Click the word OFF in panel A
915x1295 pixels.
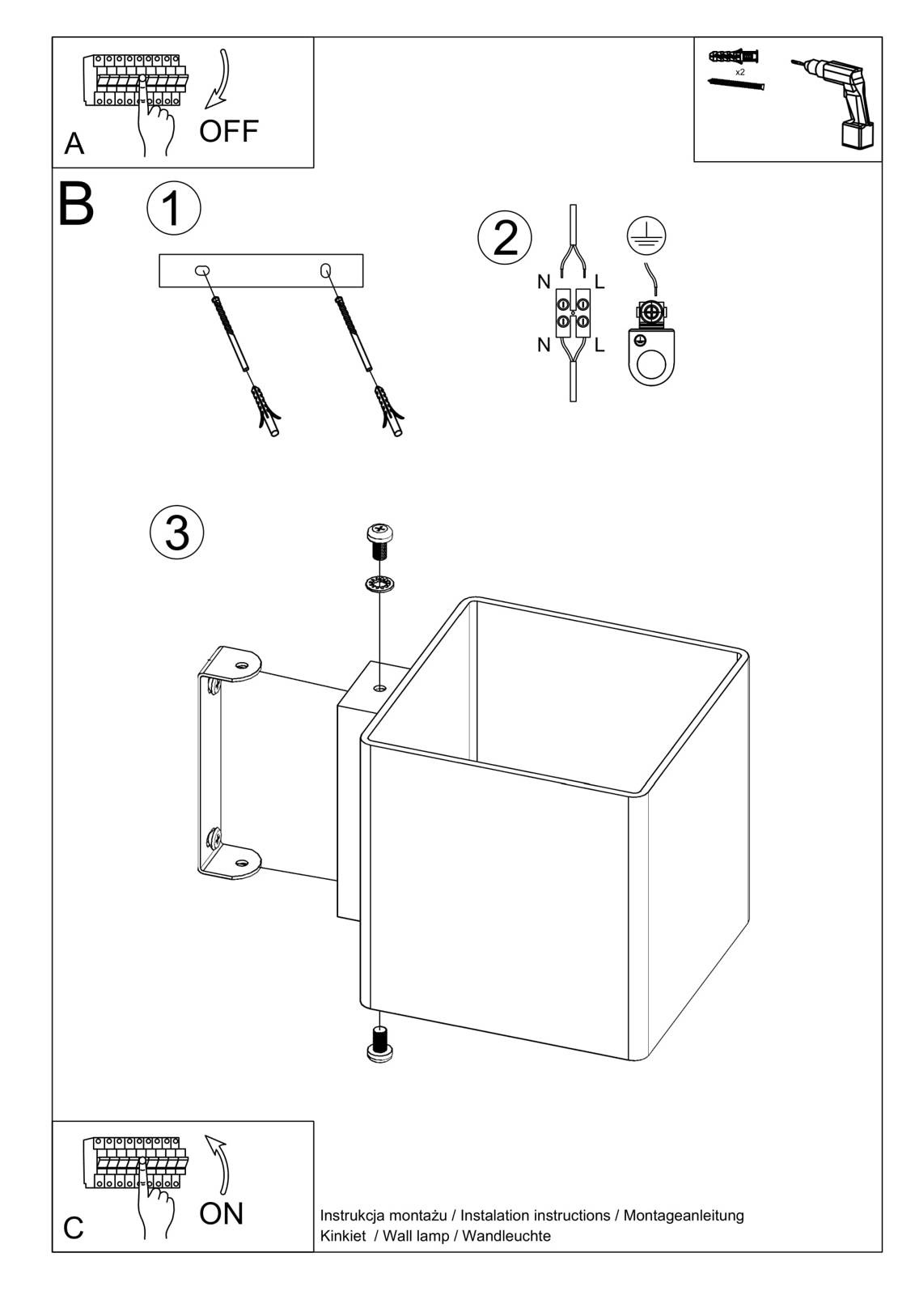[x=229, y=131]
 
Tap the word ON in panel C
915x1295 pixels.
[x=221, y=1213]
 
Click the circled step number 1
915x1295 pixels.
[x=173, y=208]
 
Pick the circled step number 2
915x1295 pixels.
[x=505, y=238]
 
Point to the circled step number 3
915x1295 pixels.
[x=177, y=533]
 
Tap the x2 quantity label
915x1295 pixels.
[x=739, y=72]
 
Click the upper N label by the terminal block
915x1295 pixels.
[x=544, y=282]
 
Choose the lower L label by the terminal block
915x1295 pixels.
[x=599, y=346]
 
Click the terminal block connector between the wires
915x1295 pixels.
[x=572, y=313]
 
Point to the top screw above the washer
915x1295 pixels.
[x=379, y=541]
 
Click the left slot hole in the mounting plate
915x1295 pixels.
[x=202, y=270]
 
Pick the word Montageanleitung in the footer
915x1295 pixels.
[x=684, y=1216]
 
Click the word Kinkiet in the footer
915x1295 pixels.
[x=343, y=1236]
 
